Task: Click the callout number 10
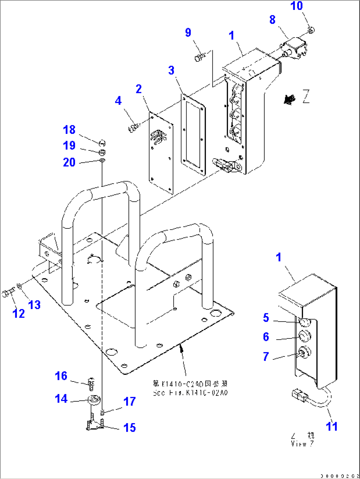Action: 296,6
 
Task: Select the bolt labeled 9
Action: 199,58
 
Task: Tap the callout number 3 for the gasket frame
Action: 171,70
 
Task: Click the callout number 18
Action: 69,130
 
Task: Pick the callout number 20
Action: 69,162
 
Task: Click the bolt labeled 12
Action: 8,293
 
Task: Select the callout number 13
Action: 34,304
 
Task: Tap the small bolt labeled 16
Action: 91,382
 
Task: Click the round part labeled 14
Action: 93,399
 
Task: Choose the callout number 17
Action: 129,401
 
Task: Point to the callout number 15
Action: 129,427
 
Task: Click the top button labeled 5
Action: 304,321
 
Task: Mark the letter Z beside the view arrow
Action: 306,97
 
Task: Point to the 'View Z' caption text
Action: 302,440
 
